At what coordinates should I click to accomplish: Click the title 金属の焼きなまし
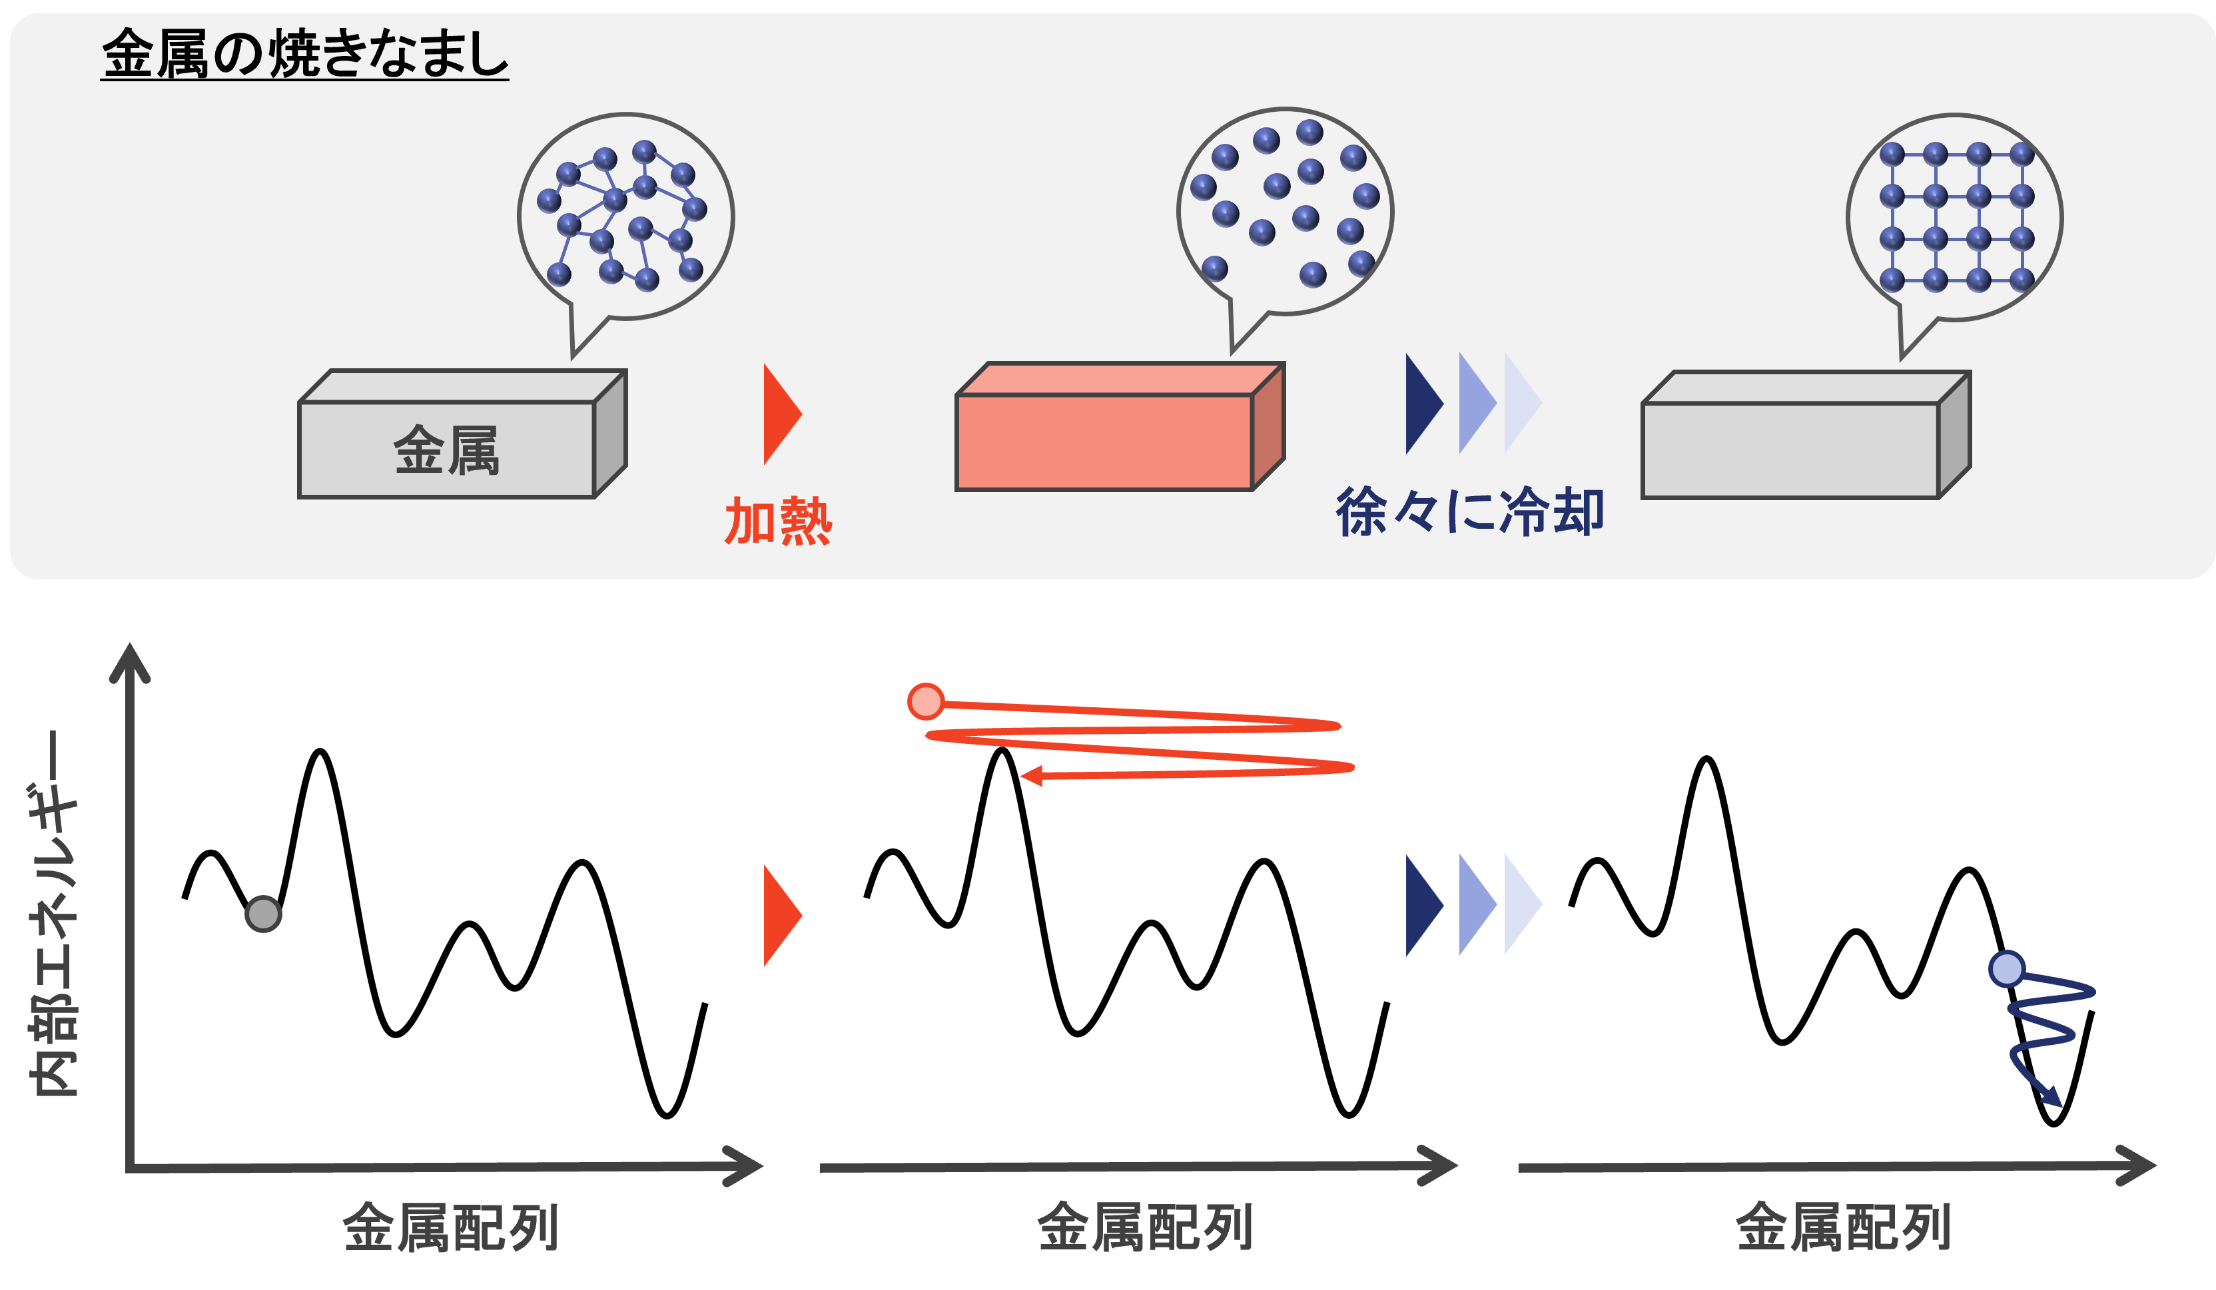click(304, 54)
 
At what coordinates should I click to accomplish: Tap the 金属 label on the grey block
click(446, 450)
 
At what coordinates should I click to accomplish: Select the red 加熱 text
click(777, 521)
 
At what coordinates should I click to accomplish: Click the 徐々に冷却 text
click(1469, 511)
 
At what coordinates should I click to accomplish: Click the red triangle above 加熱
click(780, 414)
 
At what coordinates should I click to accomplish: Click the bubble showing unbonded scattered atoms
click(1285, 211)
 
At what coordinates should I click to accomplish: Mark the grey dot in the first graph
click(263, 914)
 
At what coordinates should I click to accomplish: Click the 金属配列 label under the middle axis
click(1144, 1227)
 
